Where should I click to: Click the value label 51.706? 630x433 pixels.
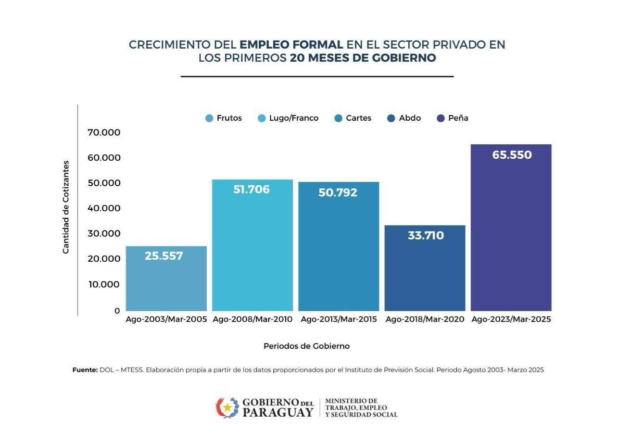252,190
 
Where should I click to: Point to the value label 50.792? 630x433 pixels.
338,192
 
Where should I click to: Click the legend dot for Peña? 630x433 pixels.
441,118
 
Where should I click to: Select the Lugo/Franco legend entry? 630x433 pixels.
288,118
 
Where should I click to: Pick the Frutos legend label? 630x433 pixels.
229,118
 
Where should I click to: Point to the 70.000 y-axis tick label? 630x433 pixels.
104,132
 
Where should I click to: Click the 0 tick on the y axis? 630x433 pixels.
117,311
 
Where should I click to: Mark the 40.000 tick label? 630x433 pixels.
104,208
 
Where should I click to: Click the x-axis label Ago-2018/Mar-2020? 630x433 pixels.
425,319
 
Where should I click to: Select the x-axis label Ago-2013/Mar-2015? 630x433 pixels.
339,319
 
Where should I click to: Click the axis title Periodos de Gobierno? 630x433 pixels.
306,346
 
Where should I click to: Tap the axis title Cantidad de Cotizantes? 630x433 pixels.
66,207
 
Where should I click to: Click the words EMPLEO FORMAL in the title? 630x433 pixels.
291,45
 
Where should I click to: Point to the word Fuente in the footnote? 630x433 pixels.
85,370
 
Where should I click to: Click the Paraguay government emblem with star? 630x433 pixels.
227,408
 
